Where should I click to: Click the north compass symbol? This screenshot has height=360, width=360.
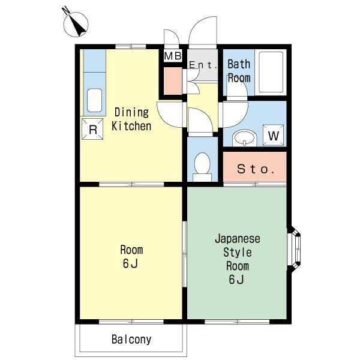tap(76, 25)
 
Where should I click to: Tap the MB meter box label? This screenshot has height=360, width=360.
tap(173, 56)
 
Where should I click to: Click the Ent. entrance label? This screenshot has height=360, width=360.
tap(203, 65)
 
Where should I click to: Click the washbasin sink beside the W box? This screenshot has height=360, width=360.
tap(245, 139)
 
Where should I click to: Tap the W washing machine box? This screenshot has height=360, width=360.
tap(273, 135)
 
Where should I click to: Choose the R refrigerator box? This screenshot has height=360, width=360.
tap(92, 129)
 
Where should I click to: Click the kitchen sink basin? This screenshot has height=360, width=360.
tap(94, 100)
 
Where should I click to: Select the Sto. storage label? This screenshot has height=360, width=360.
tap(256, 169)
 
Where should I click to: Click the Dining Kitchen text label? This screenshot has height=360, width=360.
tap(131, 119)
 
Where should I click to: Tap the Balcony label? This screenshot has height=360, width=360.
tap(131, 340)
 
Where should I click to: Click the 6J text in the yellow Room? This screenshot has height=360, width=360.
tap(130, 263)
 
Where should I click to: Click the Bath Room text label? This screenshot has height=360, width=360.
tap(239, 71)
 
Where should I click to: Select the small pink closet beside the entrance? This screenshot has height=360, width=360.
tap(173, 81)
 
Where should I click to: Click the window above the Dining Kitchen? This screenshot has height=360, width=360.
tap(131, 47)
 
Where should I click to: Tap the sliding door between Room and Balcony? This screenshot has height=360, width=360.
tap(131, 322)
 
